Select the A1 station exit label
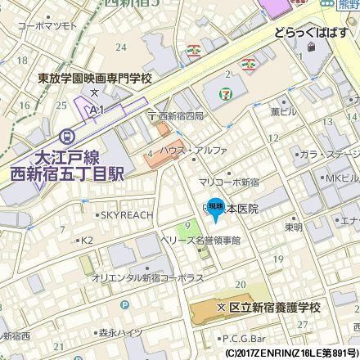click(x=97, y=107)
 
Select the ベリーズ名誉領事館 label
click(x=200, y=241)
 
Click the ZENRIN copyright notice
click(x=290, y=353)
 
